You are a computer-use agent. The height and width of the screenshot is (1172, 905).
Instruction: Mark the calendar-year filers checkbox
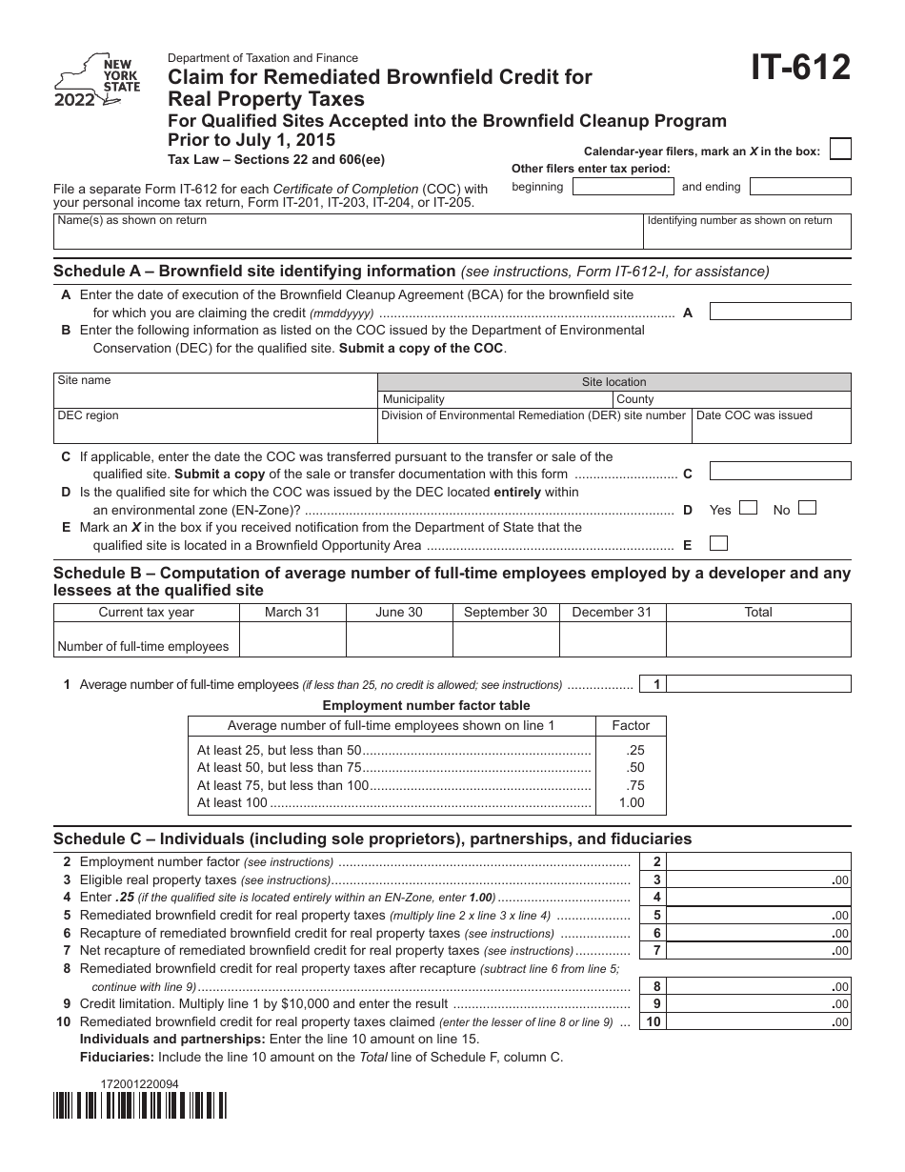pos(839,150)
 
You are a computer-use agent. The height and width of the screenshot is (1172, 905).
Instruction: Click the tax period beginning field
pos(622,187)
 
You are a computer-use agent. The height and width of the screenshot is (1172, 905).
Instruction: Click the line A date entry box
pos(780,312)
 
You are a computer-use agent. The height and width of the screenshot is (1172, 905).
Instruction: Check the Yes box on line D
pos(748,509)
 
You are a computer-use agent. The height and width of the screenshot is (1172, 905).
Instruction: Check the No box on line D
pos(807,509)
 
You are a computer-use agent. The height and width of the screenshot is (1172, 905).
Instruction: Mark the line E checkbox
pos(719,544)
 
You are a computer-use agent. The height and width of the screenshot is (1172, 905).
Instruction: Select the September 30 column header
pos(505,612)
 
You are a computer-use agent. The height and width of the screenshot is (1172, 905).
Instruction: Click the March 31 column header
pos(292,612)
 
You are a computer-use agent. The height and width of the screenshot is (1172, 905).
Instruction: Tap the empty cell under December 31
pos(612,639)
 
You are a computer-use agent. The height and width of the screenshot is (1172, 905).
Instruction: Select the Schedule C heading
pos(372,839)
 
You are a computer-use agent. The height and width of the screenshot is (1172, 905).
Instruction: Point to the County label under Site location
pos(635,399)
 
